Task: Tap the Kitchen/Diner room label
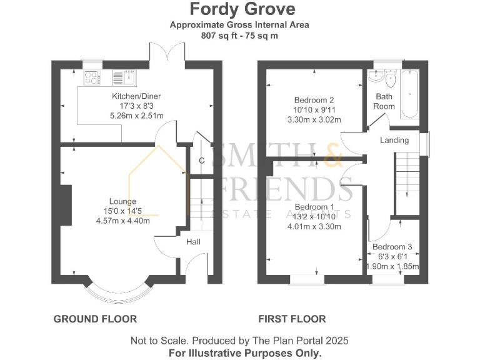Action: point(136,96)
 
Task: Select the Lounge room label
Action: point(122,201)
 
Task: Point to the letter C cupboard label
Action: point(201,161)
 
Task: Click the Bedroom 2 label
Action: point(314,100)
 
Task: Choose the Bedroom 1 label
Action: point(314,207)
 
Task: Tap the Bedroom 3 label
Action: point(392,247)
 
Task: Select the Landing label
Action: point(394,140)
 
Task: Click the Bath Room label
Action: point(384,101)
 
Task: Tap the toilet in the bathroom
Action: point(391,81)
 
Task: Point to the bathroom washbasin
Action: point(376,78)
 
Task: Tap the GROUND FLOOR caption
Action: point(95,319)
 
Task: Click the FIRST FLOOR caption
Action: point(292,319)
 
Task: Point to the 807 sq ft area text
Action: point(240,36)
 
